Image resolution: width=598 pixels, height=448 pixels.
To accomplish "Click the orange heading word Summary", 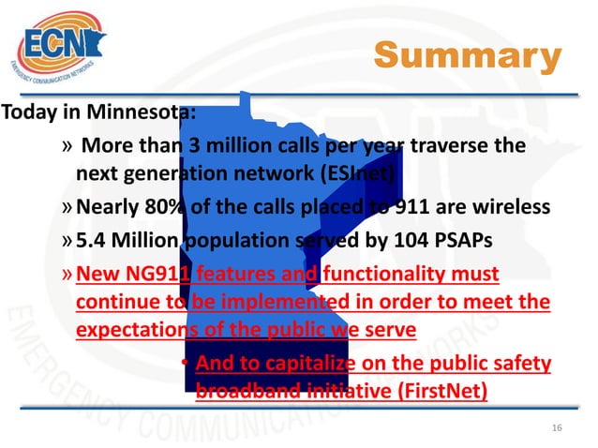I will pyautogui.click(x=466, y=57).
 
